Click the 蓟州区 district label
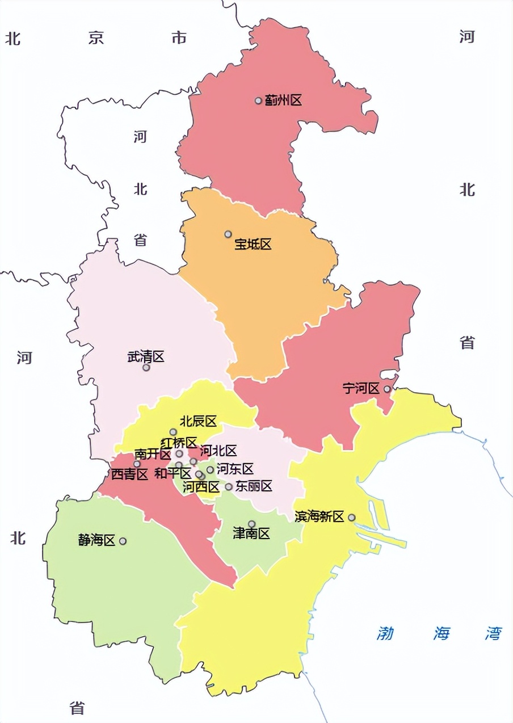click(283, 101)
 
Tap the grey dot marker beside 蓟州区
click(258, 100)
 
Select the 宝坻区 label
click(253, 245)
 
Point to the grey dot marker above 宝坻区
click(228, 234)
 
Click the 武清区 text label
click(146, 357)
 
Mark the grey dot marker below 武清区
click(146, 368)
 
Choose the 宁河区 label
click(361, 389)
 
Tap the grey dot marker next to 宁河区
click(387, 389)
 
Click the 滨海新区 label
click(319, 517)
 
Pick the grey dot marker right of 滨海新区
click(352, 518)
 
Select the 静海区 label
click(96, 540)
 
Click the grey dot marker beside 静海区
click(123, 541)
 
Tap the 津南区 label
click(251, 534)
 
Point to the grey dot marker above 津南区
click(252, 524)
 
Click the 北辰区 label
click(198, 422)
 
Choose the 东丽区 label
click(254, 486)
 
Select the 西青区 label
click(129, 475)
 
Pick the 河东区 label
click(235, 469)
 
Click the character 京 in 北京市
click(96, 38)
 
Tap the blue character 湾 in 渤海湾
click(493, 633)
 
